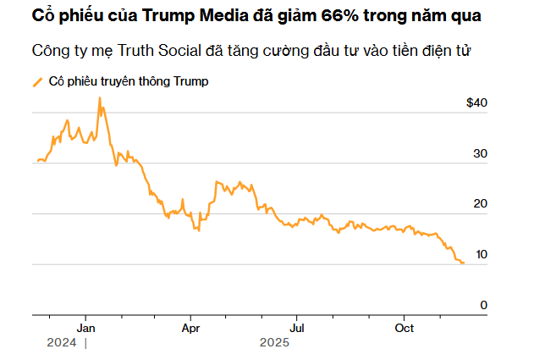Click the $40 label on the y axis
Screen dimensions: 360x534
(477, 102)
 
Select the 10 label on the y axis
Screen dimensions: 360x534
(482, 254)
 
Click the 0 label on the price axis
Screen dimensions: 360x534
(484, 305)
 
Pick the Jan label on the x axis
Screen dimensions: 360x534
(86, 328)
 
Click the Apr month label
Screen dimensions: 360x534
(191, 328)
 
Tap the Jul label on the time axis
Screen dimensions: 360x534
(297, 328)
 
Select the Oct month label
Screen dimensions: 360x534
(405, 328)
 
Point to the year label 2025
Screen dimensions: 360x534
(275, 343)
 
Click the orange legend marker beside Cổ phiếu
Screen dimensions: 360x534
(36, 82)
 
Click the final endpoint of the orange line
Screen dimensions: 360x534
(463, 263)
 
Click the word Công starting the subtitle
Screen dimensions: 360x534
(50, 50)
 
